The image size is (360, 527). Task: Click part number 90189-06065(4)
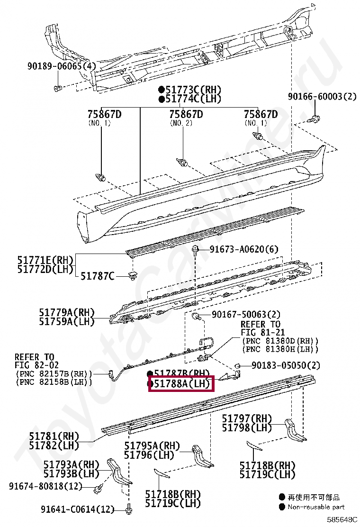point(61,66)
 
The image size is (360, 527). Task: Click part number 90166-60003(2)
point(322,97)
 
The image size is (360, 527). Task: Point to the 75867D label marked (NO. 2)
point(186,114)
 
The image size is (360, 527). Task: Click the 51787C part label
point(98,275)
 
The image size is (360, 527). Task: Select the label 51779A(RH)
point(67,312)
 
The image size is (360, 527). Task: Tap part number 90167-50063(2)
point(246,314)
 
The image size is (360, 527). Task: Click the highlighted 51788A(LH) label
point(181,383)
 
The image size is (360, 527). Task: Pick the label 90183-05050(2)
point(285,365)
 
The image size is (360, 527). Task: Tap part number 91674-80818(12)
point(45,486)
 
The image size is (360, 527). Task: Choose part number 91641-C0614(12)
point(77,509)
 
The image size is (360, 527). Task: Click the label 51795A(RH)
point(152,445)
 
